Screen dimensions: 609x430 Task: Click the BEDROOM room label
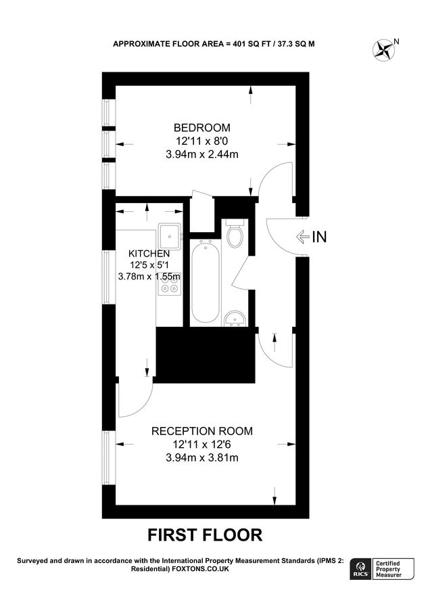point(202,127)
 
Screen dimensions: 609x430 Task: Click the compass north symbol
point(385,48)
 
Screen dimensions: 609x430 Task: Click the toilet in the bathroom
point(235,235)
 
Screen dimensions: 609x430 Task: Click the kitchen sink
point(169,235)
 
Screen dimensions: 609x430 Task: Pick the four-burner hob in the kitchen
point(169,287)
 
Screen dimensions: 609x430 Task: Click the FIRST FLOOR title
point(205,535)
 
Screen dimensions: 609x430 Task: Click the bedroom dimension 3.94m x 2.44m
point(202,154)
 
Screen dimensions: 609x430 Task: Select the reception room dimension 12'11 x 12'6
point(201,445)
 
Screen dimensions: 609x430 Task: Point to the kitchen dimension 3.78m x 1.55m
point(149,276)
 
